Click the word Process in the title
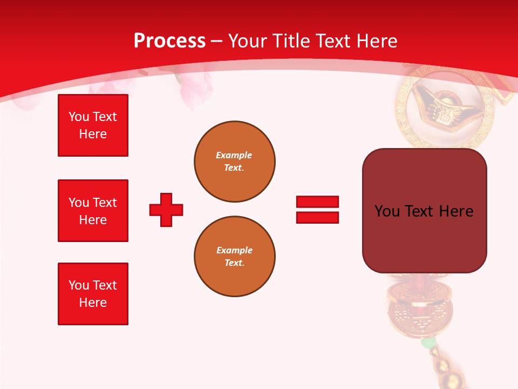point(169,41)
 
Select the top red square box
point(93,125)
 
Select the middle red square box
point(93,211)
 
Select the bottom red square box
point(93,294)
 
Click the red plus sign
point(166,210)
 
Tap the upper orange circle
point(234,162)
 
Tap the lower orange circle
point(234,257)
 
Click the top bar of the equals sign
point(317,202)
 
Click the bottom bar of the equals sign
point(317,217)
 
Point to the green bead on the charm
point(428,343)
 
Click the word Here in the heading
point(376,41)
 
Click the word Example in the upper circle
point(234,155)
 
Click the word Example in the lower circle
point(234,250)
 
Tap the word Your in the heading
point(248,41)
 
